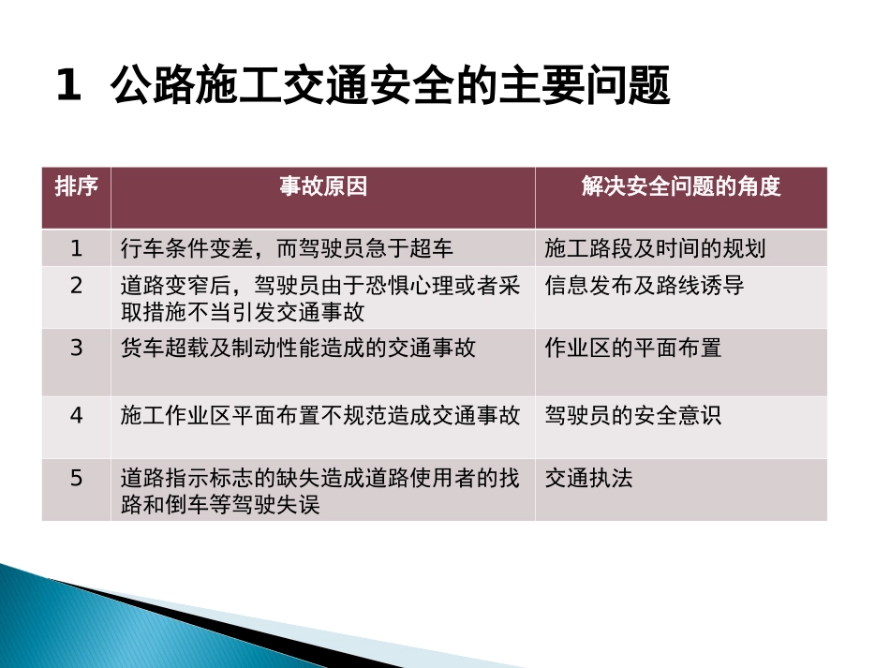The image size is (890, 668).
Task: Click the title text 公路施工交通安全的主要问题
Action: coord(390,87)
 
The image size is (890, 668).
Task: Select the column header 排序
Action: coord(76,186)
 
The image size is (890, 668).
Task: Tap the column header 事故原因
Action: coord(323,186)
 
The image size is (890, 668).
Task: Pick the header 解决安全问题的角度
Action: coord(681,186)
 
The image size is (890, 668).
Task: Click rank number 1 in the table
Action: coord(77,248)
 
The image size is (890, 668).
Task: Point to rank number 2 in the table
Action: coord(77,286)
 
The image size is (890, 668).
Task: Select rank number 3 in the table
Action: coord(77,349)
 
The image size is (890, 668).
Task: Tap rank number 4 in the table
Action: coord(77,415)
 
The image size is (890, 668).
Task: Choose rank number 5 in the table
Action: coord(77,479)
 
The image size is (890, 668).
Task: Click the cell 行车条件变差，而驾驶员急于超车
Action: coord(287,248)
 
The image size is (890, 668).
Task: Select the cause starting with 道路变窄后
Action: coord(320,298)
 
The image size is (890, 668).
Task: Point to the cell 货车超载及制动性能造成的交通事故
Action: coord(298,349)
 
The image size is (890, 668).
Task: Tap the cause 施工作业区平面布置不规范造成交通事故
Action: coord(320,415)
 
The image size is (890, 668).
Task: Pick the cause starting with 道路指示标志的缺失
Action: coord(320,491)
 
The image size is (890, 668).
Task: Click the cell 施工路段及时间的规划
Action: coord(655,248)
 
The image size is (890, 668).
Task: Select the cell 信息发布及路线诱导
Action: coord(645,286)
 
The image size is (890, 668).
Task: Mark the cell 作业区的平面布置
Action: coord(633,349)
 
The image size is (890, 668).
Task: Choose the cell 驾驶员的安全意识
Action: coord(633,415)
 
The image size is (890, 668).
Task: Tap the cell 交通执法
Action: coord(589,479)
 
